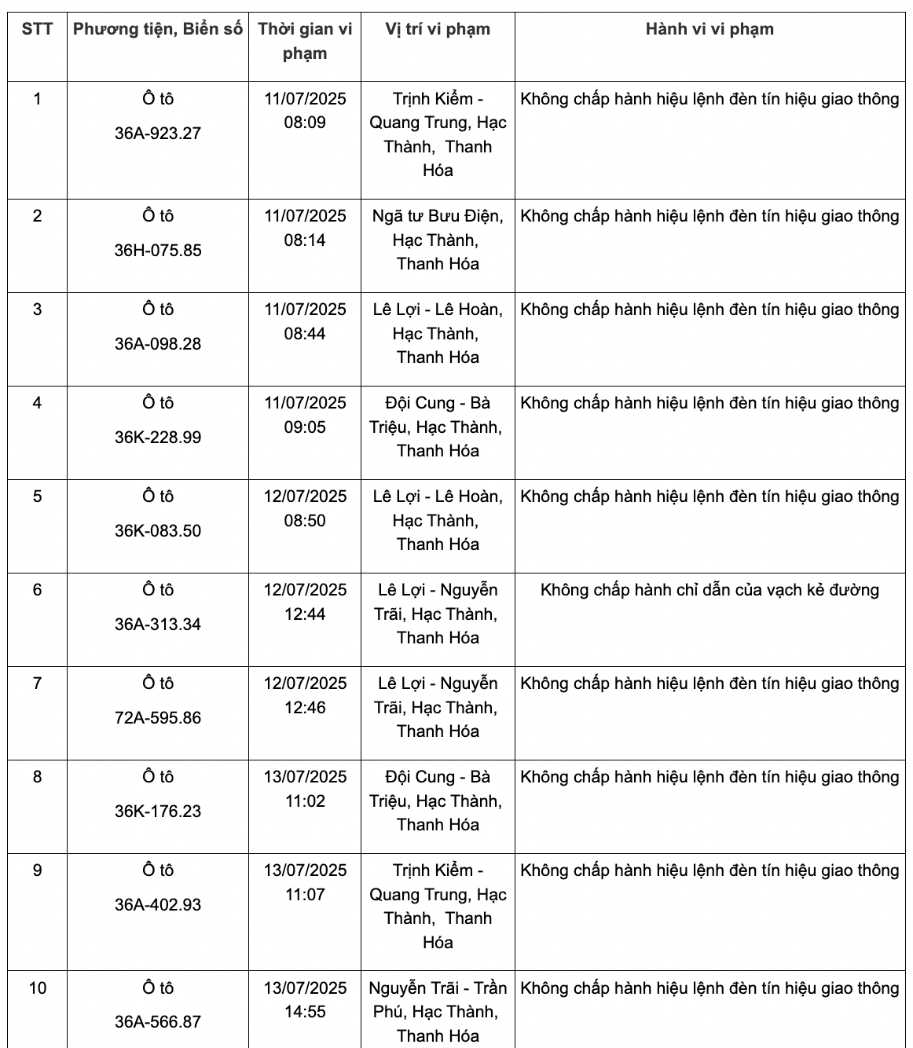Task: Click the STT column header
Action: pos(37,30)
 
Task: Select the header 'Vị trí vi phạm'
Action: pos(438,30)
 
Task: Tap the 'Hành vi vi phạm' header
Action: pos(709,30)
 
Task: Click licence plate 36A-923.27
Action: pos(158,134)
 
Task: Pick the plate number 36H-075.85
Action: pos(158,251)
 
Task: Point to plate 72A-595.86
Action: pos(158,718)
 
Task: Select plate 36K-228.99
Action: pos(158,438)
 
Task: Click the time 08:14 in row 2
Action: pos(305,240)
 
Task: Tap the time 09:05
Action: pos(305,427)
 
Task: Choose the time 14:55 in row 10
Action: pos(305,1012)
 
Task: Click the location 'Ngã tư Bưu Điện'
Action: pos(438,217)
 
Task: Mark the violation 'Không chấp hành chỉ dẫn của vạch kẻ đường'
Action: pos(709,590)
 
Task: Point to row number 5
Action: pos(37,497)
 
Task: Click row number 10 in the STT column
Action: pos(37,988)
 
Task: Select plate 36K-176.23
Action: pos(158,812)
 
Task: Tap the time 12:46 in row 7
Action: pos(305,708)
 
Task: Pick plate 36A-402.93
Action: pos(158,905)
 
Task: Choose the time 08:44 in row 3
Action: pos(305,334)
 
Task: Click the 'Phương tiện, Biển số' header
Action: pos(158,30)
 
